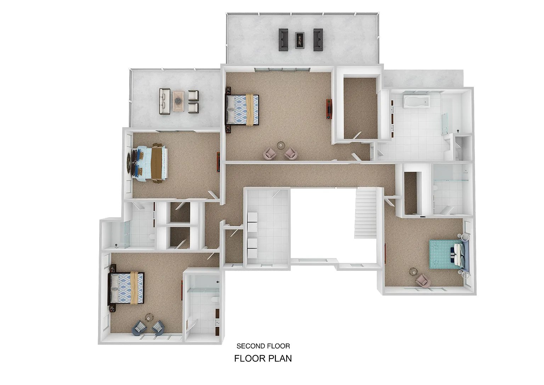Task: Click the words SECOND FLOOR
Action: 263,346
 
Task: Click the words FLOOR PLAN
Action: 263,358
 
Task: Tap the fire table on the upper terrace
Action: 300,40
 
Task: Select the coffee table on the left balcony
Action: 178,101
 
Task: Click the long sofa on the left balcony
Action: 165,101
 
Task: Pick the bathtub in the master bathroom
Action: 416,101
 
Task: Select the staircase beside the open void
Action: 365,213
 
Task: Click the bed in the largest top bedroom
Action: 242,110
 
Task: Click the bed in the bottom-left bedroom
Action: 126,288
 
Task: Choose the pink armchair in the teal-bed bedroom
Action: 423,281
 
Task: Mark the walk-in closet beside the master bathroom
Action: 361,108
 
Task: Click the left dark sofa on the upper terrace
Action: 283,40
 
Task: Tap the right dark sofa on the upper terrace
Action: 318,40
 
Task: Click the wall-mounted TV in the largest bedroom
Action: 328,109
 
